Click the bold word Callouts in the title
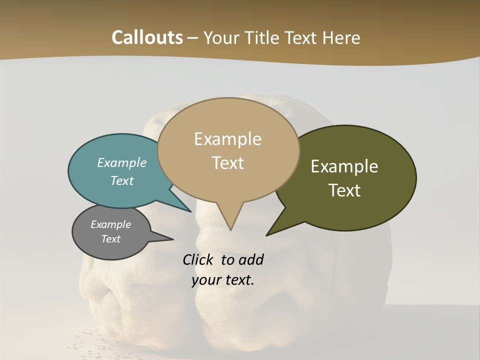[x=147, y=37]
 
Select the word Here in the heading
[x=341, y=37]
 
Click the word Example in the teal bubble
[x=122, y=162]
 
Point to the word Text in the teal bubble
[x=122, y=180]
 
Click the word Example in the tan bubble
[x=227, y=139]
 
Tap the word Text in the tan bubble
[x=227, y=163]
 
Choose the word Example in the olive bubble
[x=344, y=166]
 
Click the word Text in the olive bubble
[x=344, y=190]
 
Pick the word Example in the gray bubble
[x=111, y=224]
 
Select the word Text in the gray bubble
[x=111, y=238]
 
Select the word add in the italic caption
[x=251, y=259]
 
